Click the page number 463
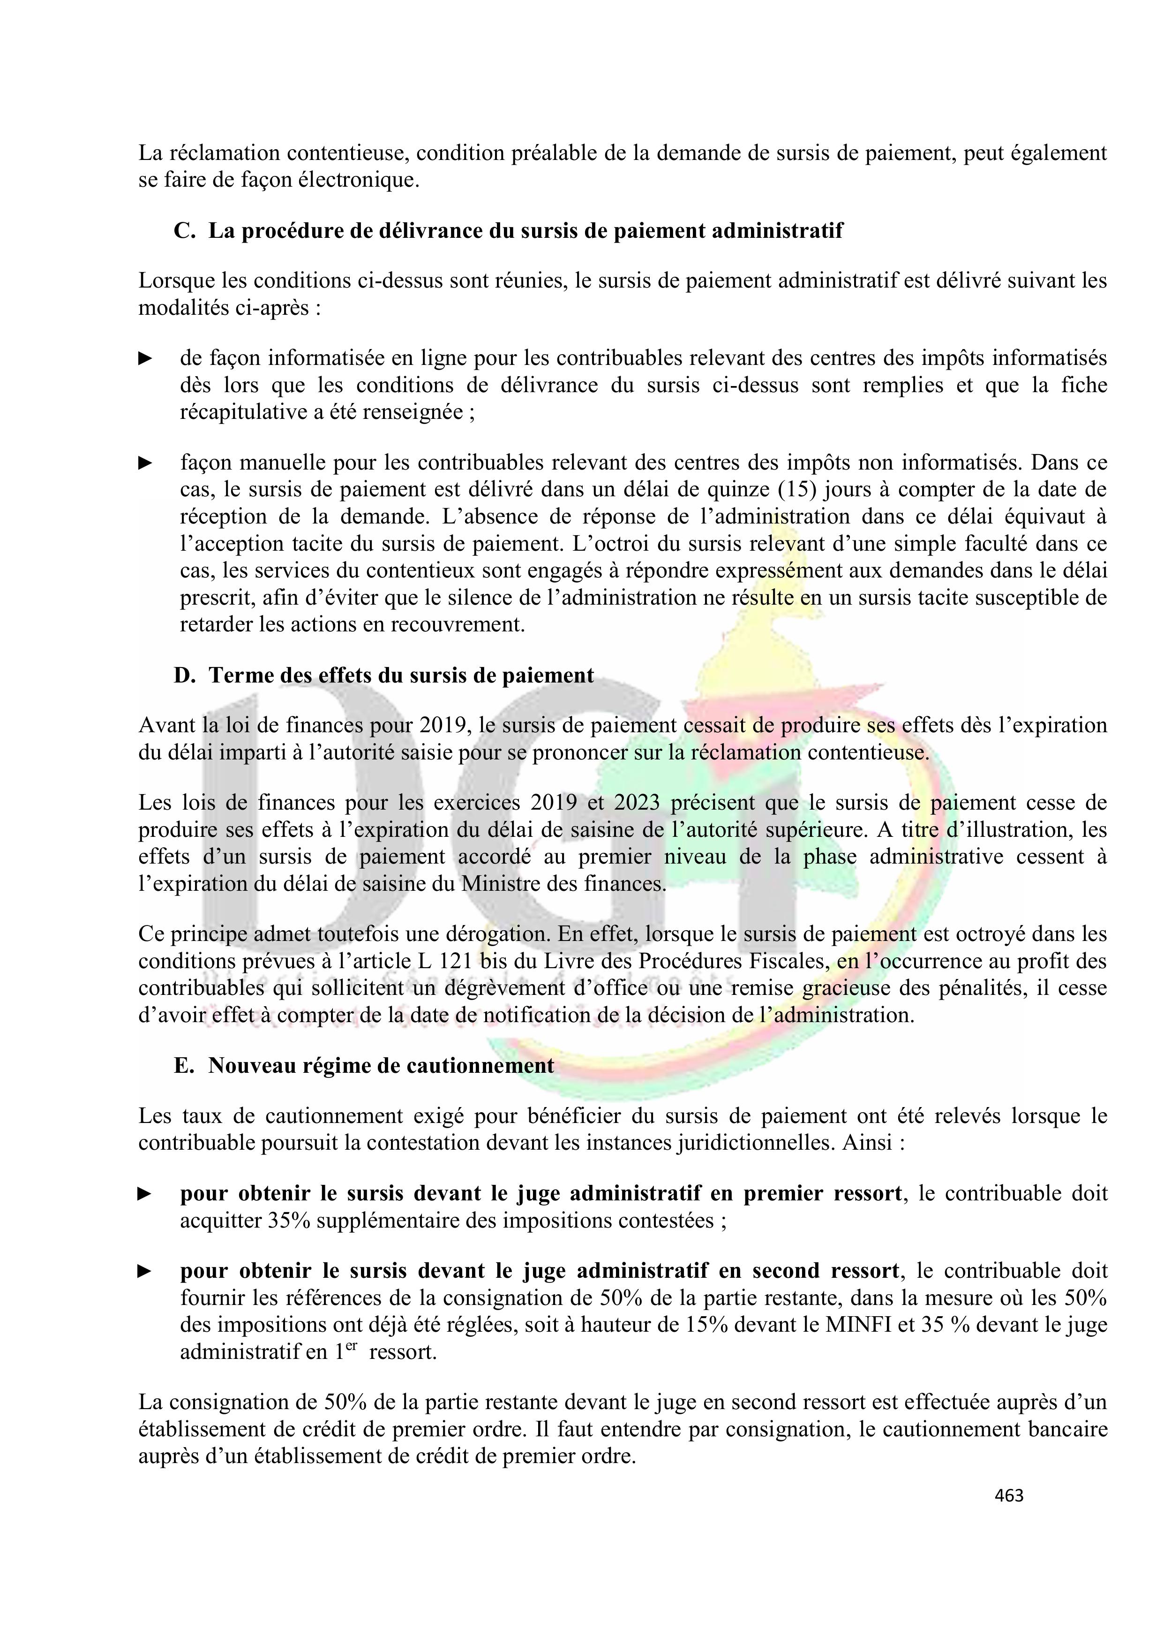click(1009, 1495)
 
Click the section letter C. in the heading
click(184, 231)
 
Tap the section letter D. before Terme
click(184, 675)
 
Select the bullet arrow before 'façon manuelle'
click(145, 463)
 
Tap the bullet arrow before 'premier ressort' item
click(145, 1194)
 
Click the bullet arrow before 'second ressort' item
click(145, 1272)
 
